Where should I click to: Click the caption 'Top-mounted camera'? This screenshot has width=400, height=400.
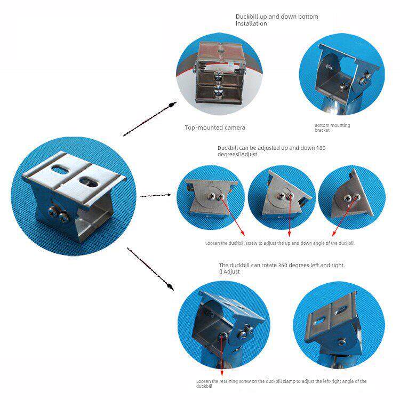215,127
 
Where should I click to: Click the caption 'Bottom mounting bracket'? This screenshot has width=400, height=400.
332,127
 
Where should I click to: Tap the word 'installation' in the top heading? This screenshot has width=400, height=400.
251,24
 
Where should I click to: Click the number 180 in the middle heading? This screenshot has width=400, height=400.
321,147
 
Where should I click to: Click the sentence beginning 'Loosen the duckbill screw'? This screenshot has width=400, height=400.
279,243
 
